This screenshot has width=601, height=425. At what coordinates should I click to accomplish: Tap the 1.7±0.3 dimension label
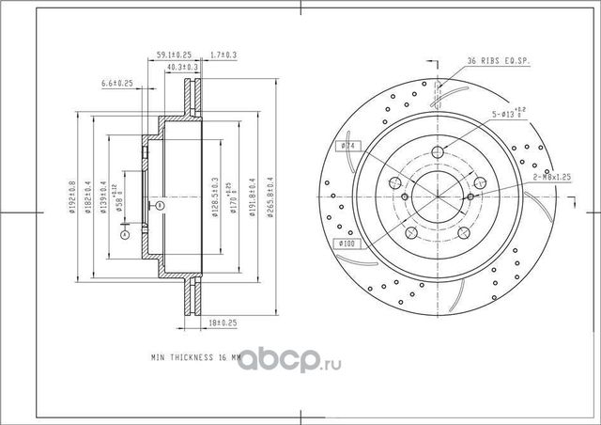click(223, 55)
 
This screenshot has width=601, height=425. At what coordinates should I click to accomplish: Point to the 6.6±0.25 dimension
click(116, 85)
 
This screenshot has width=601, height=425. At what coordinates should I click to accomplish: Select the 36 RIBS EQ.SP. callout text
click(497, 62)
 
